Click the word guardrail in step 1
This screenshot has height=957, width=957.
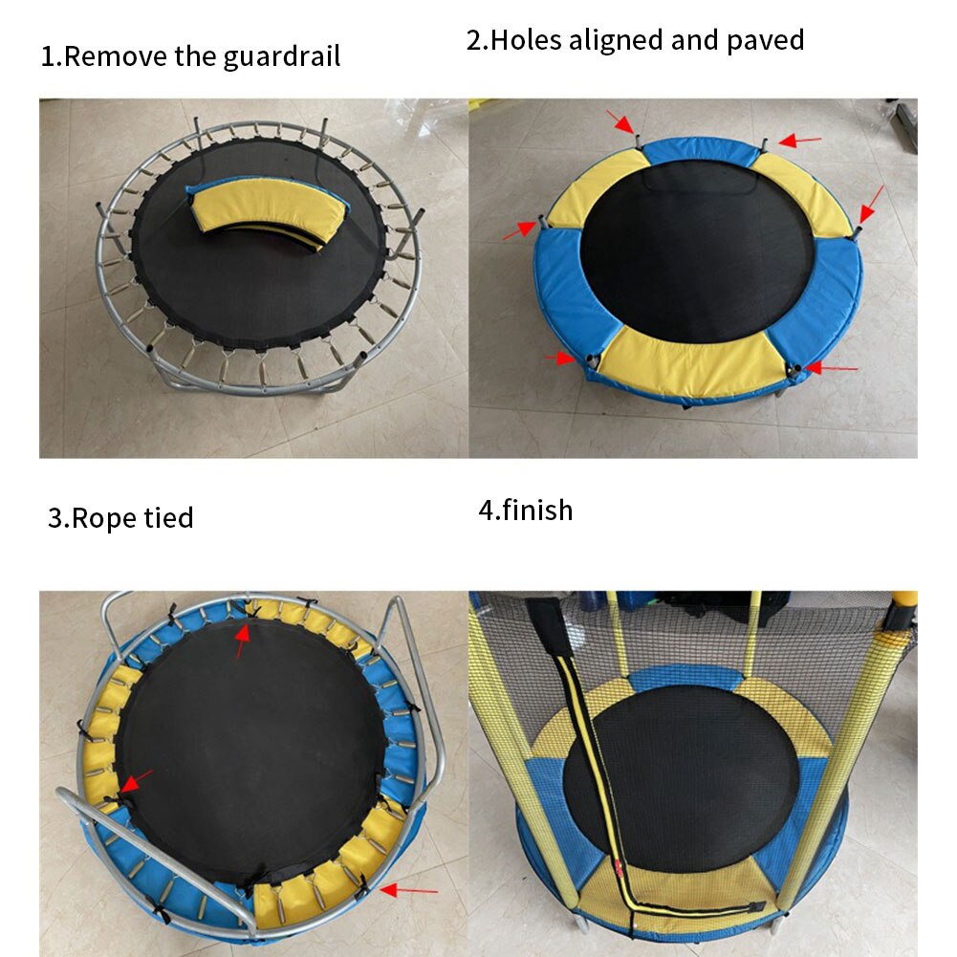point(281,56)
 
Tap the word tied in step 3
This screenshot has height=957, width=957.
point(168,518)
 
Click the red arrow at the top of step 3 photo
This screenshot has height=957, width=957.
point(242,640)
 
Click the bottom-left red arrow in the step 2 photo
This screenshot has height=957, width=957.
point(559,359)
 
